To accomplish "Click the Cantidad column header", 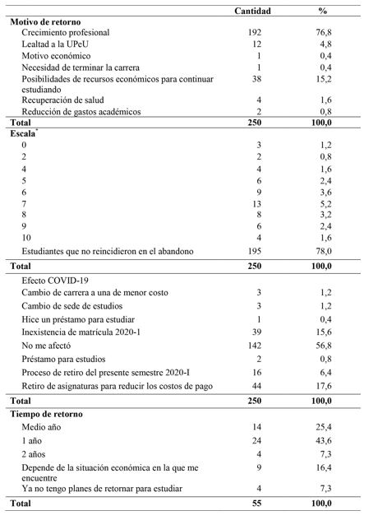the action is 252,10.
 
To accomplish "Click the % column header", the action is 323,10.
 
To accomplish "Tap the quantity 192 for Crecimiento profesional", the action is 252,32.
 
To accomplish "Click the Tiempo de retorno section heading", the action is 58,413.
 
